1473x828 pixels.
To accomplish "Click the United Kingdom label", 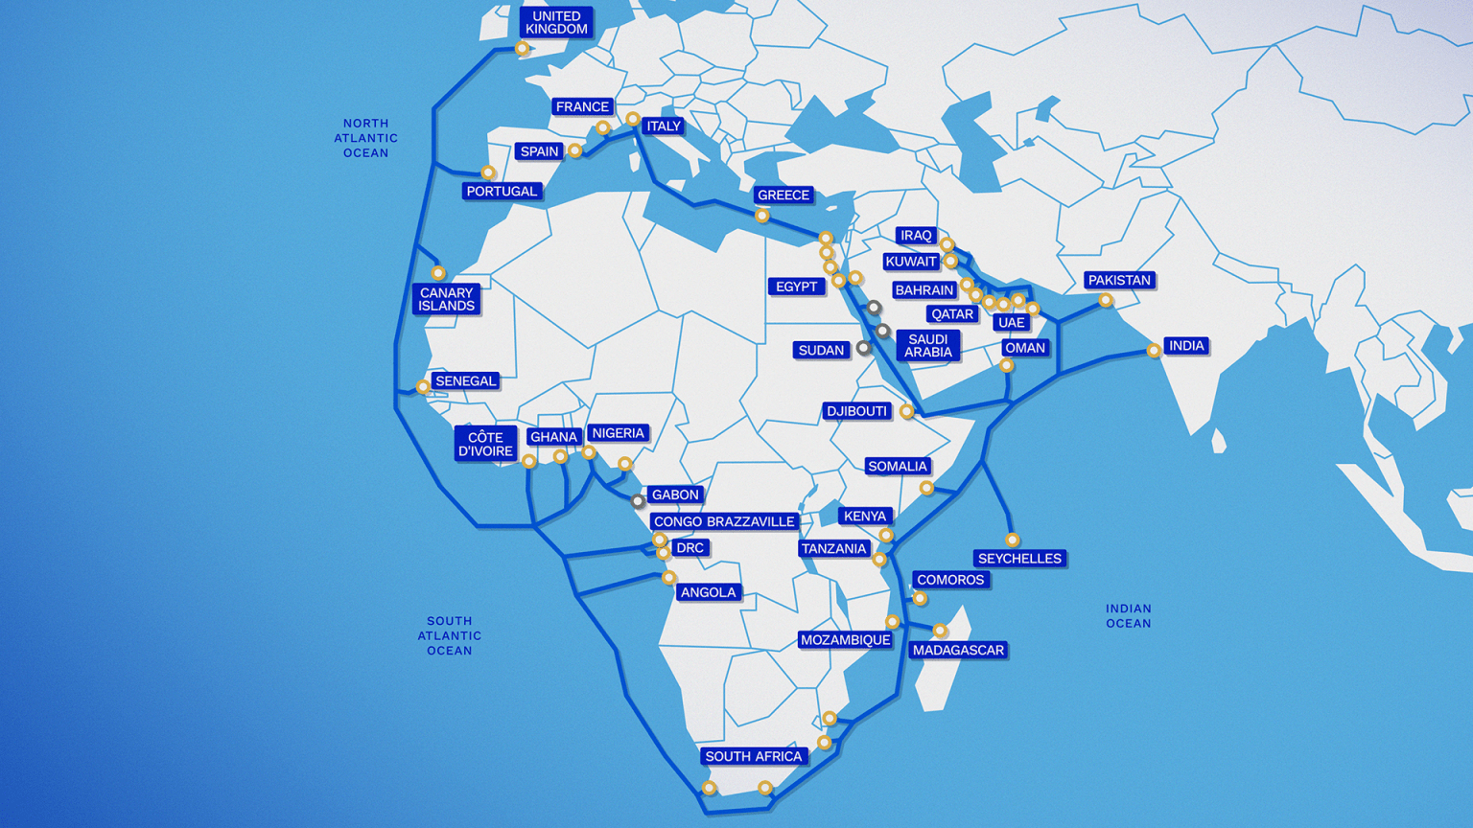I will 556,23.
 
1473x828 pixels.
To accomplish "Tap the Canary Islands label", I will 446,299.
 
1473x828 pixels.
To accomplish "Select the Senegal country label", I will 465,381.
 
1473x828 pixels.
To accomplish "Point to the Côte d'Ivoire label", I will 485,445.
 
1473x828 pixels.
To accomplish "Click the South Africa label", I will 753,757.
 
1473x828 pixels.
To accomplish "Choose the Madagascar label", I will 958,651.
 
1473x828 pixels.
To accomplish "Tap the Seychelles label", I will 1019,559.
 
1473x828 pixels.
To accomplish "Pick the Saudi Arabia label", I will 927,346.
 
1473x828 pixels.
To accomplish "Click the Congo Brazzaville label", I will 724,522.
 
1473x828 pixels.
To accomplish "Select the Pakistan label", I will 1119,281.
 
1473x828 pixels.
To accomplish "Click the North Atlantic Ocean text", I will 365,138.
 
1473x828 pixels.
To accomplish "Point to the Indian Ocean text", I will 1128,616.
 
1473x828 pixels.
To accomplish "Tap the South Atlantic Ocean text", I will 449,635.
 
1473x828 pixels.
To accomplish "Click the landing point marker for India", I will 1154,351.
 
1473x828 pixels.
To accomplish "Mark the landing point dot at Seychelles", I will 1012,540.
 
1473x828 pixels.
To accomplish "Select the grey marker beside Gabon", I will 638,501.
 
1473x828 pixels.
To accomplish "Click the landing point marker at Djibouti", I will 906,412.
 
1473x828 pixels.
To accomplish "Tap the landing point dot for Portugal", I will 488,173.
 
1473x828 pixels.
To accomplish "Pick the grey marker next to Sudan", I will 864,349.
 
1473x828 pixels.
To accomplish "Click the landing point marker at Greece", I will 761,217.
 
